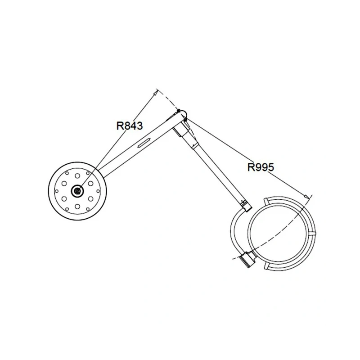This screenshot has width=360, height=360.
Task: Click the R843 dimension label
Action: [x=130, y=126]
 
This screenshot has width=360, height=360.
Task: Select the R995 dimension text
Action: [x=261, y=167]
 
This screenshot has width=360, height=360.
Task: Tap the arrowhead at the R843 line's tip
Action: [x=155, y=93]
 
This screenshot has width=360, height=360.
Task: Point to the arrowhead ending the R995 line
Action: [x=306, y=197]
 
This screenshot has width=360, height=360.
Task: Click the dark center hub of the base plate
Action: [x=77, y=191]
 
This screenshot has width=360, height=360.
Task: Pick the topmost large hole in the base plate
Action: [x=77, y=176]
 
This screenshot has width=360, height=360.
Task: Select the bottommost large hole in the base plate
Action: [x=77, y=207]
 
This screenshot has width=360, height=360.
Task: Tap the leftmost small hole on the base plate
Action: [x=57, y=191]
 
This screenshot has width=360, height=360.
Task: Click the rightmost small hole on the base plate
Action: [x=98, y=191]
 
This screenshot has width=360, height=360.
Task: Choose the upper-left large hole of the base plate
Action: [x=64, y=184]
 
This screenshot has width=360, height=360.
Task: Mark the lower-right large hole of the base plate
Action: [x=91, y=198]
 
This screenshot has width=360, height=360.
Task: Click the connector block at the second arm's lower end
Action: [x=246, y=206]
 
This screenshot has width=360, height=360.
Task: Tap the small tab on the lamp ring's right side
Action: [x=314, y=234]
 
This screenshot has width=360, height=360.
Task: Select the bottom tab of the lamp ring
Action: [x=266, y=266]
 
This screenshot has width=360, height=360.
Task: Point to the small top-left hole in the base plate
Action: [x=67, y=173]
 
